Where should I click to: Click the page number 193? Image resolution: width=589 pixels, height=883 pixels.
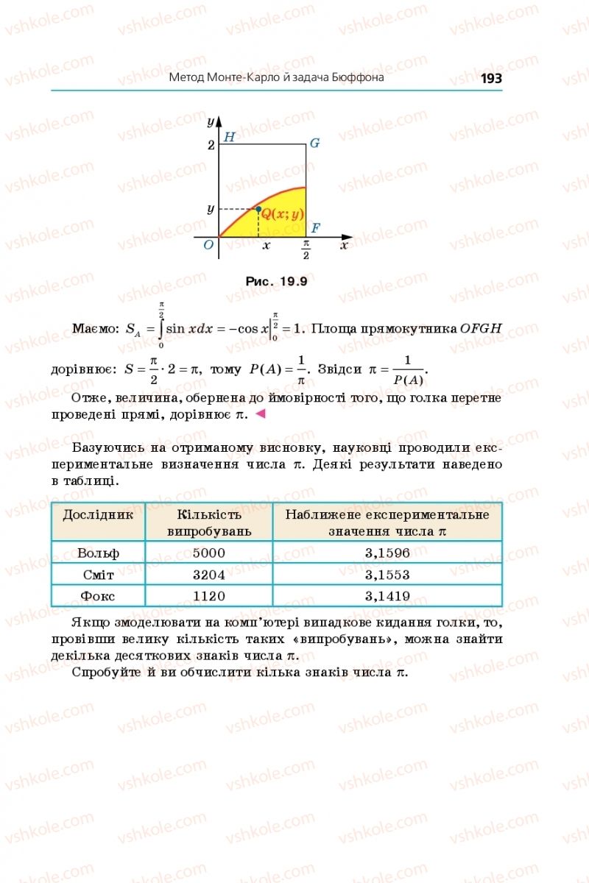click(x=490, y=78)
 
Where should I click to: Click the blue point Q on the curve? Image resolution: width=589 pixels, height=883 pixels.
click(x=258, y=210)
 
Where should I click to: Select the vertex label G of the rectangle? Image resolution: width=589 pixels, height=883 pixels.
click(x=314, y=143)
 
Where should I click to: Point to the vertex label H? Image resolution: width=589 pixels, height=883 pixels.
click(x=229, y=137)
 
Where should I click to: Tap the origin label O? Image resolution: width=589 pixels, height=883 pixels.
click(x=209, y=244)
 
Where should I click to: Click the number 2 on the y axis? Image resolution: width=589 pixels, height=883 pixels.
click(x=211, y=145)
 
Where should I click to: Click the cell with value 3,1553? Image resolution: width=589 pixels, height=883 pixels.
click(x=387, y=575)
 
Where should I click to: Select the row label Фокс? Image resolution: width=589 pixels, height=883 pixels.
click(x=98, y=596)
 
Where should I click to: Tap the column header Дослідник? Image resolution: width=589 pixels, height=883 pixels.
click(x=98, y=515)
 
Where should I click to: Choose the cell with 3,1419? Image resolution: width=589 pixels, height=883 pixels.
click(x=387, y=596)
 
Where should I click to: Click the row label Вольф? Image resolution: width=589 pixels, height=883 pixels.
click(x=98, y=553)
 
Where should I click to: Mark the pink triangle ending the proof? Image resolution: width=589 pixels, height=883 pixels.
click(x=259, y=415)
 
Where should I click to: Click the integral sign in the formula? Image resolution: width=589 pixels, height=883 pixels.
click(x=161, y=328)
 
